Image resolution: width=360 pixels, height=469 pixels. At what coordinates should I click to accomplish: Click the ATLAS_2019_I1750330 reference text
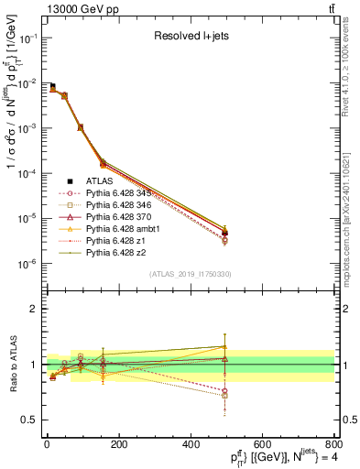pos(191,274)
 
